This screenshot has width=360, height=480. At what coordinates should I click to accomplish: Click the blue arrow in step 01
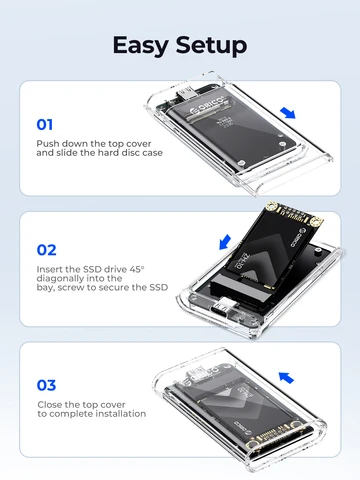click(290, 114)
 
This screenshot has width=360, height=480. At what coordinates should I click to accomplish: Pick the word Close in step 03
click(50, 402)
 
